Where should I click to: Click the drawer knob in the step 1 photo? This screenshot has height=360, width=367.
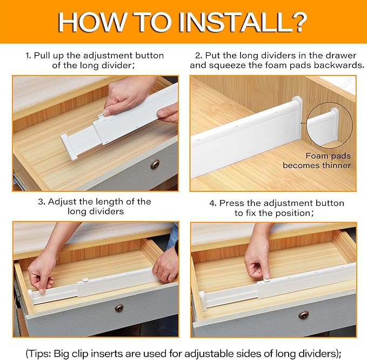coord(155,164)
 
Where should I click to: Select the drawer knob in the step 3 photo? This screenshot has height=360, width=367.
coord(119,308)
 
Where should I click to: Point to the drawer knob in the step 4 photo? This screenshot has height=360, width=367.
coord(304,315)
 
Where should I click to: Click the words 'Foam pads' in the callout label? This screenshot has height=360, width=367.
coord(328,156)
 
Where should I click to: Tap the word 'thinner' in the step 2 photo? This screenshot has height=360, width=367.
coord(336,165)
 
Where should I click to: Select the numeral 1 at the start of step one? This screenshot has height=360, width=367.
coord(28,56)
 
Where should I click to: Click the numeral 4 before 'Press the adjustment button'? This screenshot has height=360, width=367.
coord(212,203)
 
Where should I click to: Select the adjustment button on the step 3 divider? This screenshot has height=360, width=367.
coord(85,279)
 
